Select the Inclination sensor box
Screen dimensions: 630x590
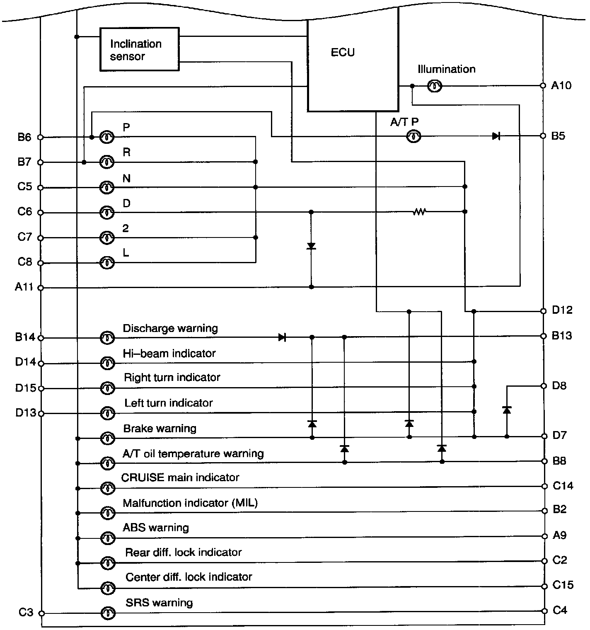tap(139, 49)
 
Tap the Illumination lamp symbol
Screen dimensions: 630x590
tap(435, 86)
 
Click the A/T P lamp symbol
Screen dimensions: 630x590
tap(413, 136)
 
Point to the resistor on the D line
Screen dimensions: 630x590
tap(419, 212)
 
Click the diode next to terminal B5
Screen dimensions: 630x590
tap(496, 136)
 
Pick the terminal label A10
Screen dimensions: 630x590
tap(561, 85)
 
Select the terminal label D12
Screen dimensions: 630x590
tap(562, 310)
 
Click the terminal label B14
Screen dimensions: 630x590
tap(25, 337)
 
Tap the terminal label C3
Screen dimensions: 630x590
tap(26, 612)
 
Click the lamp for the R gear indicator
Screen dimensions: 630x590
tap(107, 162)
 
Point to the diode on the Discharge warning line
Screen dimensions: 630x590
tap(282, 337)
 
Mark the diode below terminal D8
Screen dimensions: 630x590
tap(506, 410)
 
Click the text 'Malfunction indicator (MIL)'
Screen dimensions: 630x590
tap(190, 503)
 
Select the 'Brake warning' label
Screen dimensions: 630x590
tap(160, 428)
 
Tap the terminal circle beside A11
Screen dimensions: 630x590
tap(41, 287)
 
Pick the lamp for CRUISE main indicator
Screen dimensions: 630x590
tap(108, 487)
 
